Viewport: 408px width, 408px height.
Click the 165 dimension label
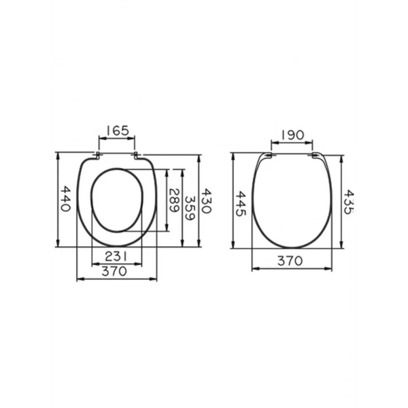pos(118,131)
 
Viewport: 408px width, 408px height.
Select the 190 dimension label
pos(292,135)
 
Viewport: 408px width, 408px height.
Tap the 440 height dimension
pos(65,199)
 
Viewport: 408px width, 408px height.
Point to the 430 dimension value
pos(207,201)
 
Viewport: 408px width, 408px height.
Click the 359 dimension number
pos(190,208)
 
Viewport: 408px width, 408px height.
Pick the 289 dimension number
pos(174,201)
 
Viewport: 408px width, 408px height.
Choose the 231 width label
pos(116,256)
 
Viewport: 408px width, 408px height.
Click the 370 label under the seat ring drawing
pos(114,271)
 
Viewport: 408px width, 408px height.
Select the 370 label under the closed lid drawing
pos(290,260)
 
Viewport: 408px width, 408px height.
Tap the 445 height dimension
pos(241,204)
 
